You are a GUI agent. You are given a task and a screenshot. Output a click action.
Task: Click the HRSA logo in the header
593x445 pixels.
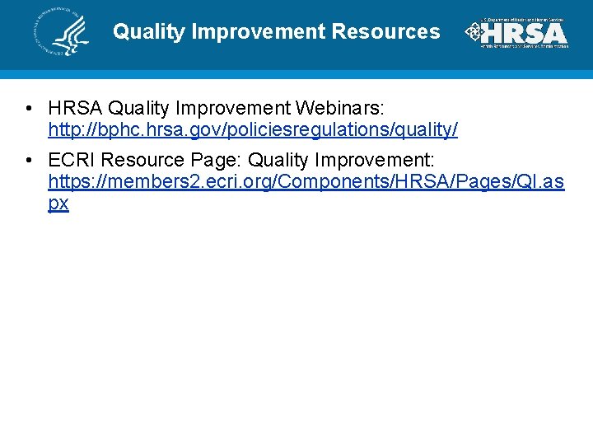[x=516, y=32]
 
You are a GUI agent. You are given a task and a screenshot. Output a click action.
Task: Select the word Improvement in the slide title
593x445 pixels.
[x=259, y=32]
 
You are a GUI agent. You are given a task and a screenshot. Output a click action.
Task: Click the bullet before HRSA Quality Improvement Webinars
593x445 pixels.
[x=29, y=109]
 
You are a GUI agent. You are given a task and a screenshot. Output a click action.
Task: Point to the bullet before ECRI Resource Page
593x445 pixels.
[x=29, y=158]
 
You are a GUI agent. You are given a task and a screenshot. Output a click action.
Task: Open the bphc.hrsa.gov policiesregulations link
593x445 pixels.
[x=253, y=130]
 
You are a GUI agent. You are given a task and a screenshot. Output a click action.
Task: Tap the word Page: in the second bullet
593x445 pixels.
[x=218, y=158]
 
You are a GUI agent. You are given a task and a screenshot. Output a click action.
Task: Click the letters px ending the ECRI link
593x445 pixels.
[x=58, y=204]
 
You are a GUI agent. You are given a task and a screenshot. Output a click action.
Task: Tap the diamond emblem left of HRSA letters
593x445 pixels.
[x=474, y=32]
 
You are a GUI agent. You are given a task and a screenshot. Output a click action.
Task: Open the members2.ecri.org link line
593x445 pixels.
[x=306, y=180]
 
